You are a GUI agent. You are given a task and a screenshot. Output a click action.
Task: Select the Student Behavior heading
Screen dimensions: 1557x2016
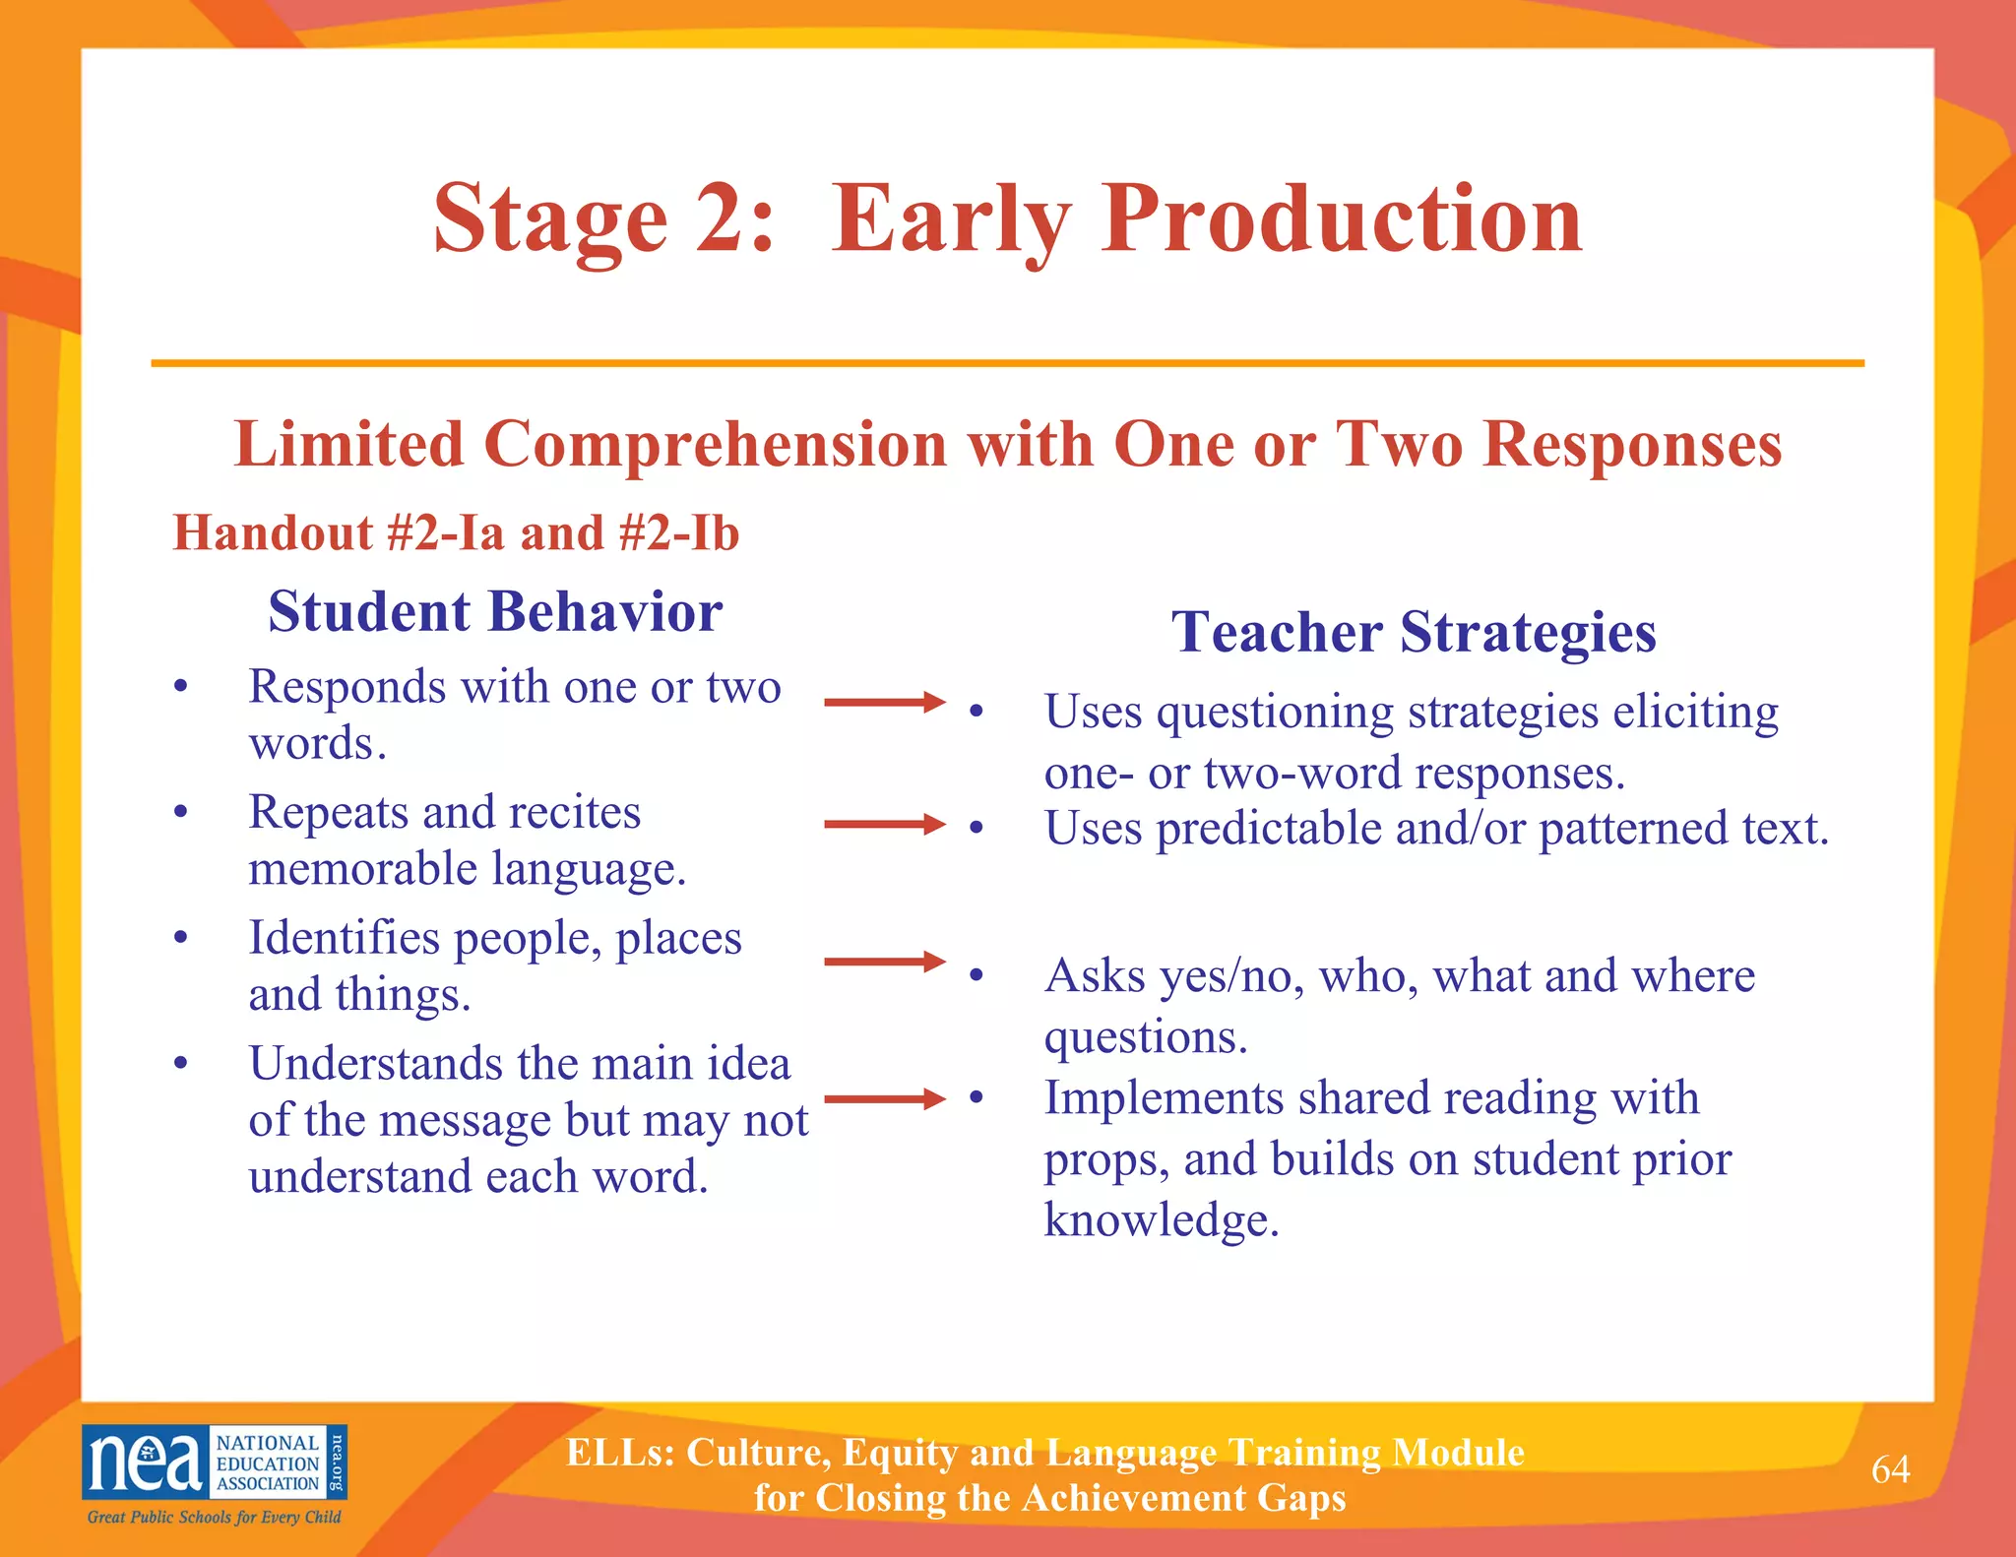point(495,611)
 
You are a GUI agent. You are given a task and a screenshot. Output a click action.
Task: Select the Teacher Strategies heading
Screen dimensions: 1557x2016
point(1414,631)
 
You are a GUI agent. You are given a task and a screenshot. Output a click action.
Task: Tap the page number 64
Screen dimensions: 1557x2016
point(1890,1469)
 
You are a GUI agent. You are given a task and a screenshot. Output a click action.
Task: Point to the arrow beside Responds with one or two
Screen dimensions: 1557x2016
point(883,702)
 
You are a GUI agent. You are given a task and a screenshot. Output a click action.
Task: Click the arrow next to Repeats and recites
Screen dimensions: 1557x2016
point(883,824)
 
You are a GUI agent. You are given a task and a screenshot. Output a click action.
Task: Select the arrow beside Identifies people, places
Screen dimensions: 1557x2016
point(883,962)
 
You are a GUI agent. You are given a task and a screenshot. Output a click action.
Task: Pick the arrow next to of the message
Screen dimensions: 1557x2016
point(883,1098)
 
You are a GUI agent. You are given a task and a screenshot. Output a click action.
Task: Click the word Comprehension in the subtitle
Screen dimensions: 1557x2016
point(716,445)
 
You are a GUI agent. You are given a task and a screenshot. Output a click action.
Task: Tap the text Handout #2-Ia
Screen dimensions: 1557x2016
point(338,533)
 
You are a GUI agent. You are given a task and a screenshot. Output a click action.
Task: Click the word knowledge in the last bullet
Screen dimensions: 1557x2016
point(1161,1220)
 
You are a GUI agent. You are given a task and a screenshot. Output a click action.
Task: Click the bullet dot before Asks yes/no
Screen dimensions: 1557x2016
point(976,975)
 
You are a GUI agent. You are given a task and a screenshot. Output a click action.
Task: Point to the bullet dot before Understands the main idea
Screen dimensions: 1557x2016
point(180,1063)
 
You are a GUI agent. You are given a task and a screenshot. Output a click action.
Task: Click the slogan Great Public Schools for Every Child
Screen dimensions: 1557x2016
point(214,1517)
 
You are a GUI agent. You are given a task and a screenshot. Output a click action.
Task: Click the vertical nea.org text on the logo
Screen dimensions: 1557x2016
point(336,1462)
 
